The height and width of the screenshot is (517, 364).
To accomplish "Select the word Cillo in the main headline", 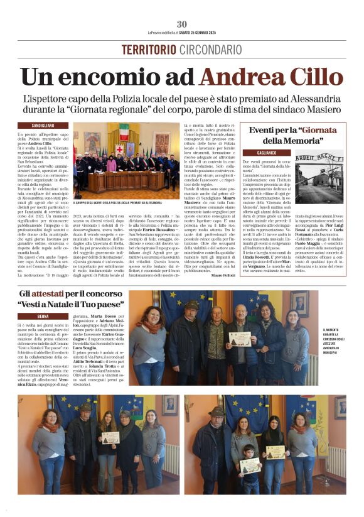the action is tap(313, 77).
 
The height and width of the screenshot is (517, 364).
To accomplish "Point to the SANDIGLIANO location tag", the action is tap(43, 126).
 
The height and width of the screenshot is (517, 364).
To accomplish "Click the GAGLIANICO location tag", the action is tap(275, 153).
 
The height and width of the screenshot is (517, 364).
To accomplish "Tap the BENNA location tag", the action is tap(43, 315).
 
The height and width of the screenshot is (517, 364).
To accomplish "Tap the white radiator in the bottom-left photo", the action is tap(170, 459).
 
